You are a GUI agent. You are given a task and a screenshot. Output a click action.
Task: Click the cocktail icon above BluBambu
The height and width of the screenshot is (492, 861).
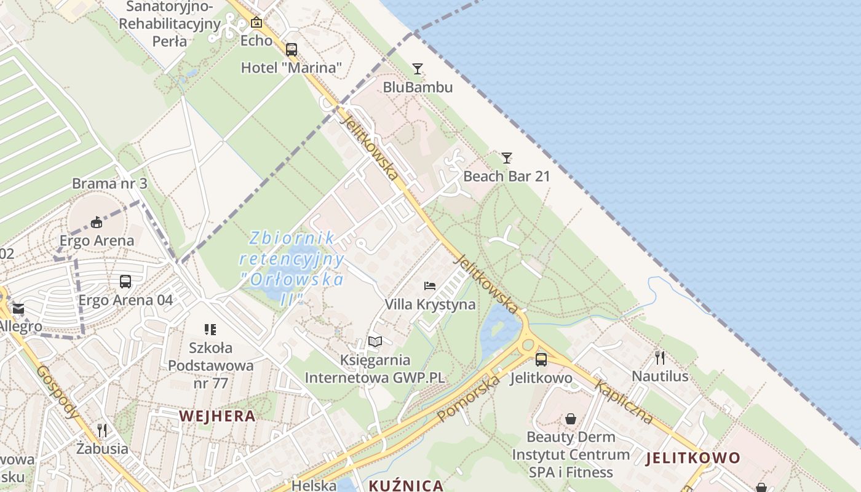tap(418, 68)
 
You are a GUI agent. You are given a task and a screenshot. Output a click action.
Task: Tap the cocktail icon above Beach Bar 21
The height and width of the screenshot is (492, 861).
tap(506, 157)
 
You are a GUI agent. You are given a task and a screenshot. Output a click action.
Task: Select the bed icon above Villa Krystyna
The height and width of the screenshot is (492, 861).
tap(430, 285)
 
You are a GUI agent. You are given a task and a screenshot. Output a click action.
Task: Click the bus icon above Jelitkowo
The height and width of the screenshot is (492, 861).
tap(541, 359)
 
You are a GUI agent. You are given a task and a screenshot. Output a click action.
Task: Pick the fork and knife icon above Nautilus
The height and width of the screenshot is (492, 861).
tap(660, 357)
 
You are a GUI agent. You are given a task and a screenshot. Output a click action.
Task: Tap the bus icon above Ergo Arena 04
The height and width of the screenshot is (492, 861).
tap(125, 282)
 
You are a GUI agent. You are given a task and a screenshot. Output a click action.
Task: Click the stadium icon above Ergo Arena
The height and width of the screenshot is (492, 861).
tap(96, 222)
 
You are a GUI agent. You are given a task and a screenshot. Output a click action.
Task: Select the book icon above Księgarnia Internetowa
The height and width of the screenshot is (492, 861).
tap(375, 341)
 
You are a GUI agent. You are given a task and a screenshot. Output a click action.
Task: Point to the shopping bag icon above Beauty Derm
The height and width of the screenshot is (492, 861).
tap(571, 419)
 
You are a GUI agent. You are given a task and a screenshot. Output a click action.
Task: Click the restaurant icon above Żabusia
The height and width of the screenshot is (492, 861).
tap(102, 430)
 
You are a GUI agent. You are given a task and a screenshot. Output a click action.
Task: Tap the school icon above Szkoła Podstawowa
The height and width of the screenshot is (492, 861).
tap(210, 330)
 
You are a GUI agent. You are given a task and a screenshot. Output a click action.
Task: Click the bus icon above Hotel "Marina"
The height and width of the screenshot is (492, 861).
tap(292, 49)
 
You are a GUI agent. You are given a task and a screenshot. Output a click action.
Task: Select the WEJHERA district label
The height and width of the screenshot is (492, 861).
tap(217, 416)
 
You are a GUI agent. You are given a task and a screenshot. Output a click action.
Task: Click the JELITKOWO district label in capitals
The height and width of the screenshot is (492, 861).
tap(693, 458)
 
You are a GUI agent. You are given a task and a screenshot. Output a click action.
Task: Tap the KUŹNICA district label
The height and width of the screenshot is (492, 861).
tap(406, 485)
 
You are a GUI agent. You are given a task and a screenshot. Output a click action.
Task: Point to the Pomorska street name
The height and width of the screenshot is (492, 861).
tap(469, 399)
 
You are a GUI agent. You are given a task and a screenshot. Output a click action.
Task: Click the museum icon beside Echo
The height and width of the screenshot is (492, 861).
tap(256, 23)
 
